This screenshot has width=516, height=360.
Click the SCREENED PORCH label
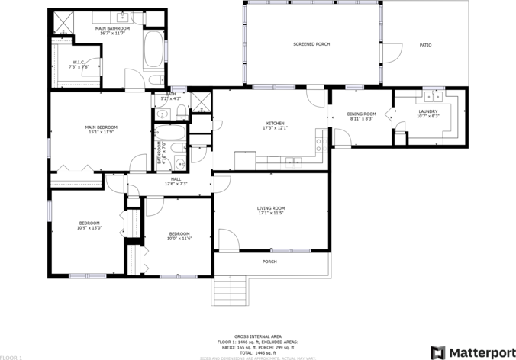(311, 45)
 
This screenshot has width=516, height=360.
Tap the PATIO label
(425, 45)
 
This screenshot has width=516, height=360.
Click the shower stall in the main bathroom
(64, 24)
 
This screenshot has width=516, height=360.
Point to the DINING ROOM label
(361, 114)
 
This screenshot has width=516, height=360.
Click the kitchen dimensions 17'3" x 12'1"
(275, 128)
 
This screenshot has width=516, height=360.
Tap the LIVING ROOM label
(271, 208)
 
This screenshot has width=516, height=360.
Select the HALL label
(176, 179)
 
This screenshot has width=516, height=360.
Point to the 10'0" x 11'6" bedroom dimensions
(179, 239)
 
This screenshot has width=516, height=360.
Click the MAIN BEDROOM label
(101, 127)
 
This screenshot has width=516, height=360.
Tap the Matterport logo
(470, 352)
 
